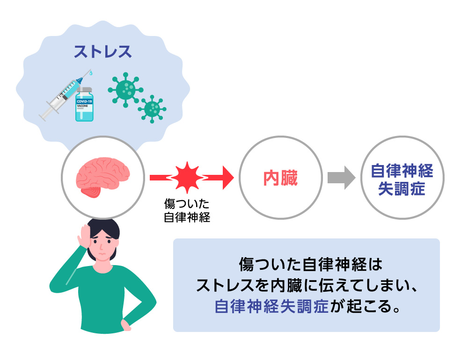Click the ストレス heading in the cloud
(x=102, y=51)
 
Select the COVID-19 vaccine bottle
(x=84, y=105)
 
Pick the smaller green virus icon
(x=152, y=109)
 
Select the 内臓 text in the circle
(x=280, y=178)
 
